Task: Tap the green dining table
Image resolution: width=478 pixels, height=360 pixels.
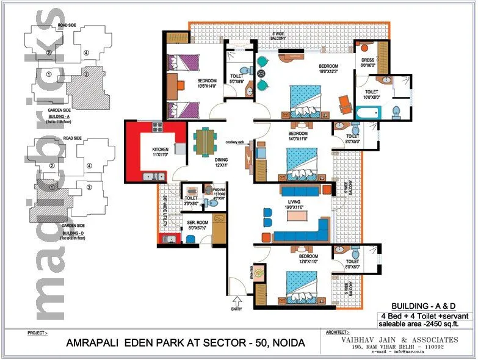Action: click(x=205, y=142)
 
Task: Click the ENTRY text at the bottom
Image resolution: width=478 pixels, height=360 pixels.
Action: click(x=236, y=309)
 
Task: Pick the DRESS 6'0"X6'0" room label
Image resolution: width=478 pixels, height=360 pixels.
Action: click(x=368, y=62)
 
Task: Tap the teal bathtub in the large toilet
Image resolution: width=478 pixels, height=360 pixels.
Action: click(x=368, y=113)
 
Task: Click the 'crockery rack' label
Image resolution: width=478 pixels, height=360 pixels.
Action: click(x=234, y=142)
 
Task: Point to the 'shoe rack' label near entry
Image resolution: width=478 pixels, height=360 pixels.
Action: click(x=252, y=271)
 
